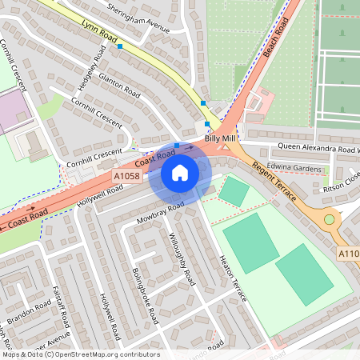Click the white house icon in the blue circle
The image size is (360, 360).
pos(180,173)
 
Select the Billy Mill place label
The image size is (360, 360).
pos(220,139)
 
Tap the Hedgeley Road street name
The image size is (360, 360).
pos(90,67)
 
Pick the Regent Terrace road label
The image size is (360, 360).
pos(274,183)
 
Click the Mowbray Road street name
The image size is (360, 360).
pos(160,211)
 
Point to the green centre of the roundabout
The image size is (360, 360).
pos(328,218)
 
